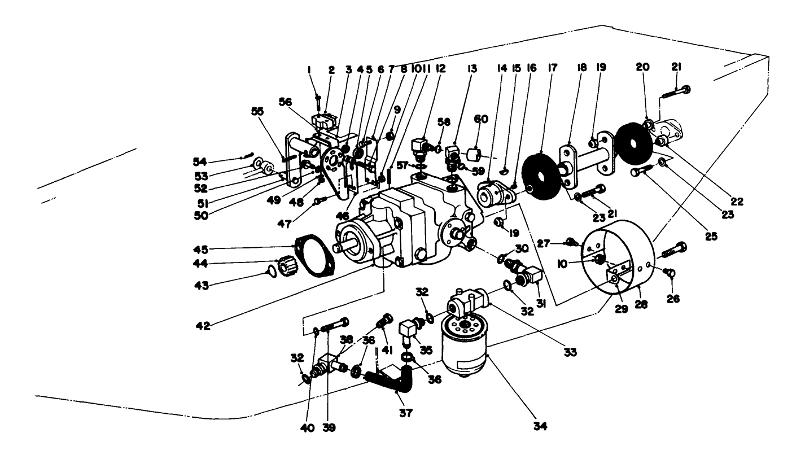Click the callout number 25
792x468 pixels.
point(711,236)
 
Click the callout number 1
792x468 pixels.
point(309,69)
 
